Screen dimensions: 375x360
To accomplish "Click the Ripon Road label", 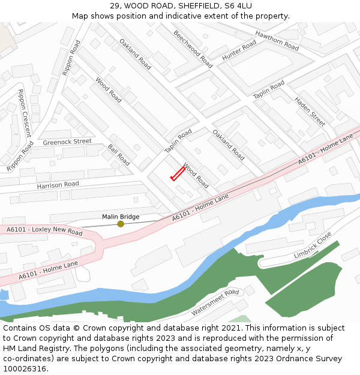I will (x=71, y=58).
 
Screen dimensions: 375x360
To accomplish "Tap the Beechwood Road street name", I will (x=193, y=49).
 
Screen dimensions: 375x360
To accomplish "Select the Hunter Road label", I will (x=239, y=51).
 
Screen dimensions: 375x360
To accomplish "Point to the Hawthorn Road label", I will (x=277, y=40).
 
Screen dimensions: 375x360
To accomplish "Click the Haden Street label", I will (x=310, y=112).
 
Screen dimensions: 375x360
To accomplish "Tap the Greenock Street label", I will (x=67, y=142).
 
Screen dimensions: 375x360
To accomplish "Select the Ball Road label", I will (x=119, y=155).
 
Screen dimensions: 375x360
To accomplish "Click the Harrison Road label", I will (x=58, y=185).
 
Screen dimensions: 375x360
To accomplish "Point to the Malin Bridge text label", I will (x=121, y=217).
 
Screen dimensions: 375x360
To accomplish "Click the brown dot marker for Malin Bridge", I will (x=121, y=224).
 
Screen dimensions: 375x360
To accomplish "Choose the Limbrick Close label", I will (x=313, y=245).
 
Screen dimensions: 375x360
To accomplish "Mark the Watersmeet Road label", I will (x=215, y=302).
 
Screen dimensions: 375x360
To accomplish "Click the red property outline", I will (x=178, y=173).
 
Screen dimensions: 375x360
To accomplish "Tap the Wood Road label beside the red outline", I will (x=196, y=176).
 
